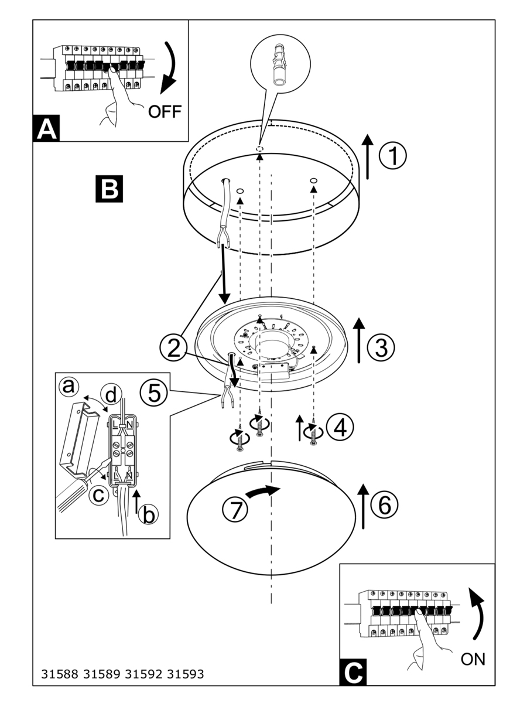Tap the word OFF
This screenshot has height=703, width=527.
[x=165, y=111]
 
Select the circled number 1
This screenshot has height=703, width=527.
[x=392, y=156]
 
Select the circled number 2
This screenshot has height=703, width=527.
[x=173, y=348]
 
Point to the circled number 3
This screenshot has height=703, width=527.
[x=381, y=348]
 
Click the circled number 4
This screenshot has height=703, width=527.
[x=340, y=427]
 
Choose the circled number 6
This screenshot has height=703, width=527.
[x=384, y=504]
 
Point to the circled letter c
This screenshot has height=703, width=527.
[x=98, y=495]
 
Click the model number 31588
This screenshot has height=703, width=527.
[x=60, y=674]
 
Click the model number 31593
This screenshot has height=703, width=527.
[x=186, y=674]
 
